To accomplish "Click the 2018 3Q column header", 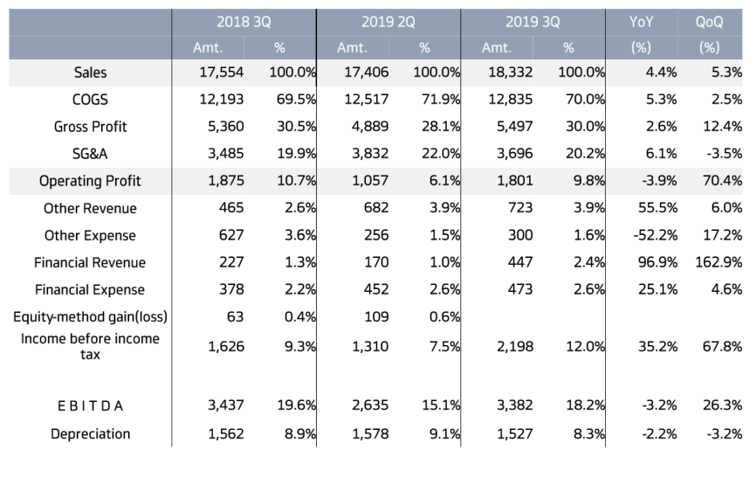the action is tap(244, 22).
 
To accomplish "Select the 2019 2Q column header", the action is tap(388, 22).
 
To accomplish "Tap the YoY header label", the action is tap(642, 22).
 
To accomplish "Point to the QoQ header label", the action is tap(709, 22).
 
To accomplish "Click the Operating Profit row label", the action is tap(90, 181).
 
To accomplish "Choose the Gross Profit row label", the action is tap(90, 127).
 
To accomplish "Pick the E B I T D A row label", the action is tap(90, 406).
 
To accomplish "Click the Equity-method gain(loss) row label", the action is tap(90, 316).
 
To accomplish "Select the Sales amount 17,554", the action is tap(222, 73).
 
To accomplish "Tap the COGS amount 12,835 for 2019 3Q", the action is tap(510, 100).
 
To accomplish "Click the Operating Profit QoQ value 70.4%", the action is tap(722, 181).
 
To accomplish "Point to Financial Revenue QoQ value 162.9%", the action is tap(718, 262).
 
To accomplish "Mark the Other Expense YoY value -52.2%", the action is tap(656, 235).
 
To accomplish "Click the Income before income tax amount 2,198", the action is tap(515, 347).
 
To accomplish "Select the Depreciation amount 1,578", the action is tap(370, 434).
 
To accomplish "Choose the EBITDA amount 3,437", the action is tap(225, 405).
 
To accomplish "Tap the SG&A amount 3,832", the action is tap(370, 154).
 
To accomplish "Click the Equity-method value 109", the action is tap(376, 316).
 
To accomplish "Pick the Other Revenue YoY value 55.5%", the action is tap(657, 208).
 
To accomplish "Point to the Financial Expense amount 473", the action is tap(520, 289).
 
